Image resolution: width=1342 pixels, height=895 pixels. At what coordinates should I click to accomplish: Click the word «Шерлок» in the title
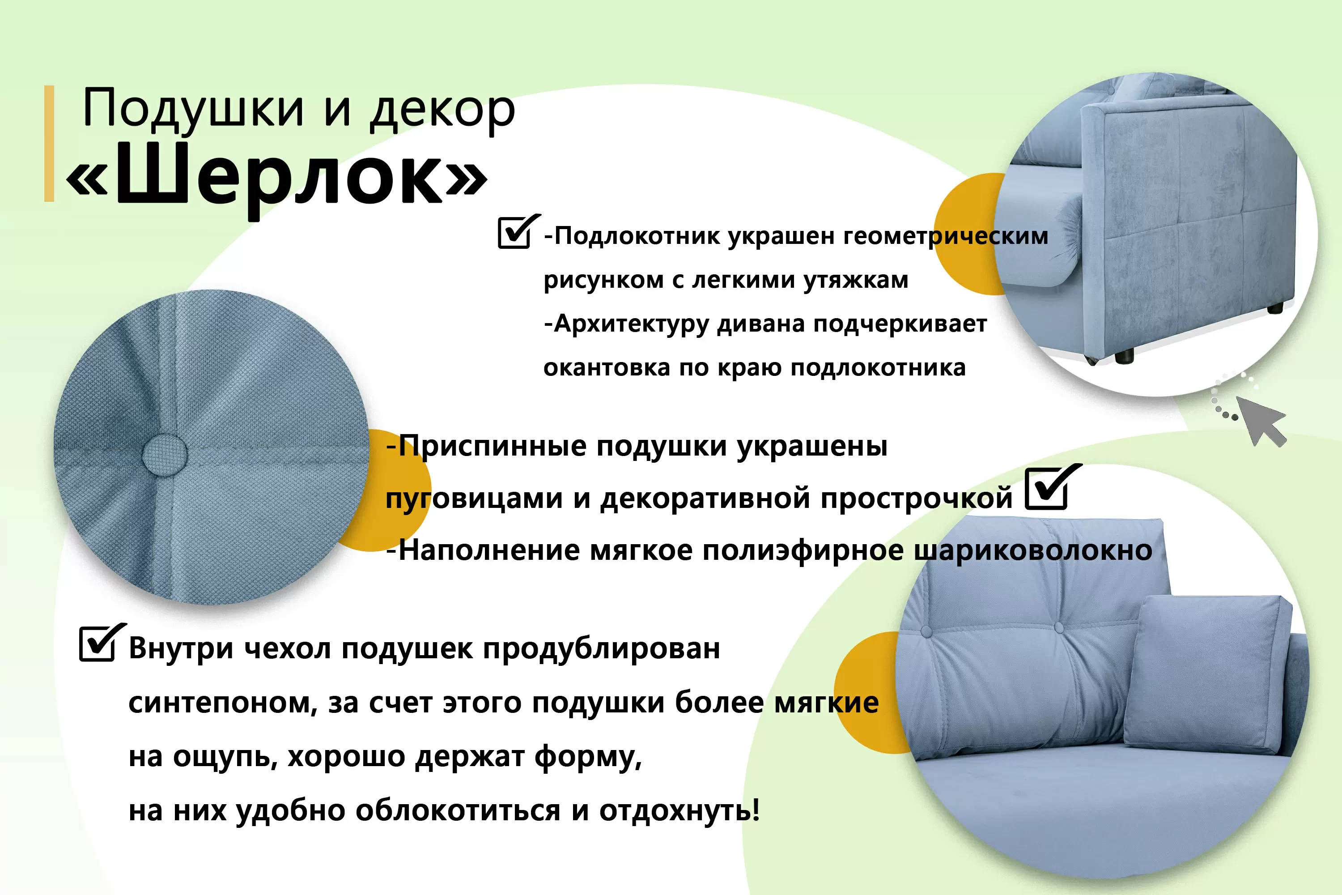click(277, 177)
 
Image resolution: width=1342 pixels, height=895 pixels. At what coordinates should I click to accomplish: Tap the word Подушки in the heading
click(194, 110)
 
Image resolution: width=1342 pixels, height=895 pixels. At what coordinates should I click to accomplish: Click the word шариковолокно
click(1033, 551)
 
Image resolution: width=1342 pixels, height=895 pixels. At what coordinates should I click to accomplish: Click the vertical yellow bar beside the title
click(50, 143)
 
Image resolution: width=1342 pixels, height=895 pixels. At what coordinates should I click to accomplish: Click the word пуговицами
click(474, 499)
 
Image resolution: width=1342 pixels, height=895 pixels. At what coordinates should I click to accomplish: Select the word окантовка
click(607, 367)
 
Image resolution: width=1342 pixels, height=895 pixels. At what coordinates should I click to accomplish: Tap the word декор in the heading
click(443, 110)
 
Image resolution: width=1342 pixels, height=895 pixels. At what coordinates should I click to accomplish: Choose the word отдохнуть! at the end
click(679, 810)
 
